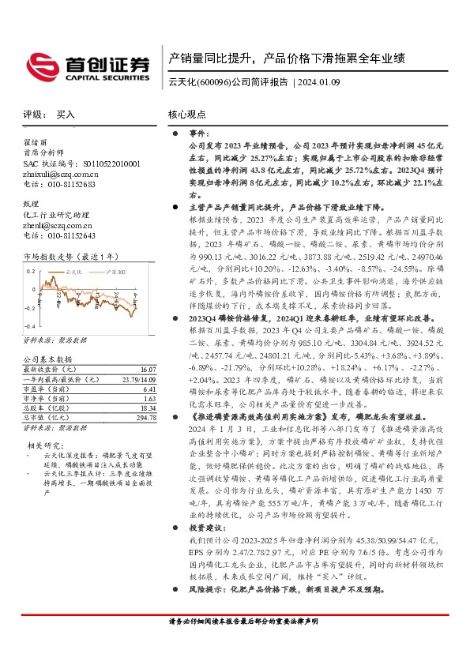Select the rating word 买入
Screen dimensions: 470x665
(66, 115)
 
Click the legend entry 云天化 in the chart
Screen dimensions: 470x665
(73, 270)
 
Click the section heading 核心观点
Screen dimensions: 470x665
(187, 115)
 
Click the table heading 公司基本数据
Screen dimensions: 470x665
(47, 359)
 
